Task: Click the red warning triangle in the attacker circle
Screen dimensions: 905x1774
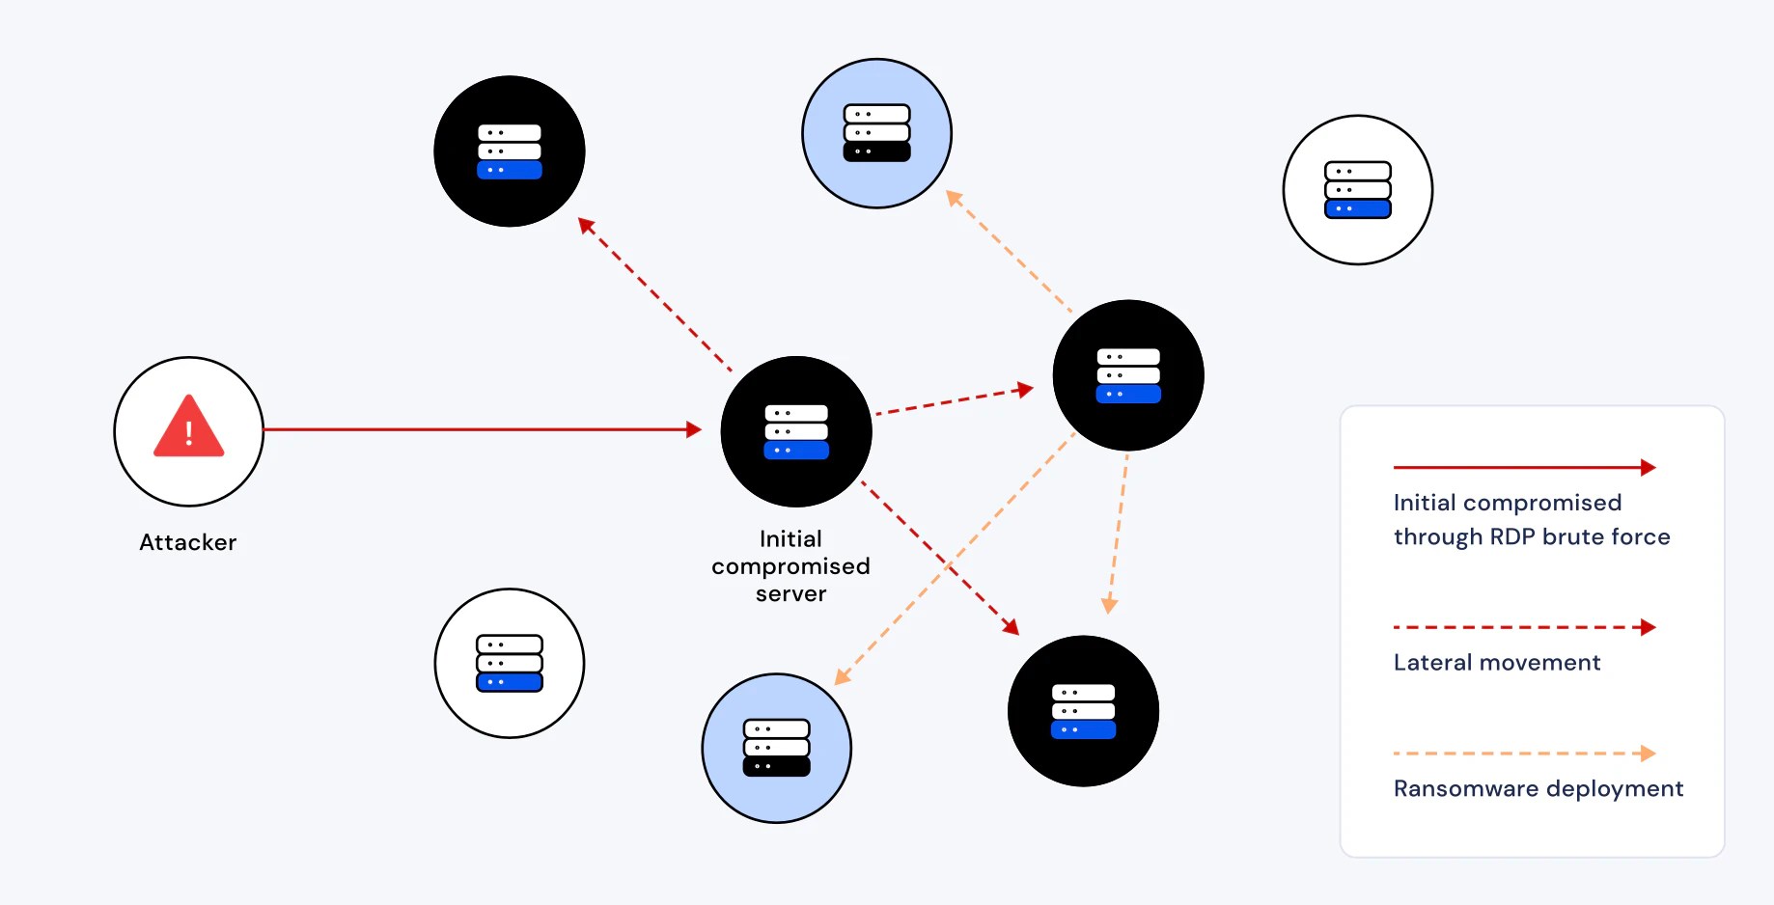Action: click(189, 427)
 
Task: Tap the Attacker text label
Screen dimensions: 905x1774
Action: click(188, 542)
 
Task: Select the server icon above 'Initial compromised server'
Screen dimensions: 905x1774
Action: click(796, 431)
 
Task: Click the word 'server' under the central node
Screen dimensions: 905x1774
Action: click(790, 594)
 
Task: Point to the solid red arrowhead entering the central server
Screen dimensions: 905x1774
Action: click(693, 429)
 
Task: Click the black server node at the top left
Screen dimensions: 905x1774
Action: click(510, 151)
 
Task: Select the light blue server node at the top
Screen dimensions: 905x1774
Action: click(876, 133)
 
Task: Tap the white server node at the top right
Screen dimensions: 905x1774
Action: click(1357, 190)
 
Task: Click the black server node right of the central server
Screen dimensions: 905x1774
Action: click(1127, 375)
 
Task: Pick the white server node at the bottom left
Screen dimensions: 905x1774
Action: click(510, 664)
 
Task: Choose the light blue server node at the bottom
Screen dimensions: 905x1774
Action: click(776, 748)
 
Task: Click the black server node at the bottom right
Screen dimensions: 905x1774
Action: click(1083, 711)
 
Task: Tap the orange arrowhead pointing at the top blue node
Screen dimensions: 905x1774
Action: click(954, 198)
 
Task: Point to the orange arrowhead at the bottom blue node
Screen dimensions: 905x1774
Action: click(842, 677)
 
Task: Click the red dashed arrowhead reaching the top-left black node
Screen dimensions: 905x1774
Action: click(585, 225)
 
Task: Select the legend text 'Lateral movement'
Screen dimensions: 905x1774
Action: click(1496, 663)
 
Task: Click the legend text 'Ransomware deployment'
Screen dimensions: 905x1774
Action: click(1538, 789)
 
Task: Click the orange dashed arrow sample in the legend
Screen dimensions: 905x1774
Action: click(1523, 754)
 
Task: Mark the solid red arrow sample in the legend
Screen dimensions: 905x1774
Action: click(1523, 468)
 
